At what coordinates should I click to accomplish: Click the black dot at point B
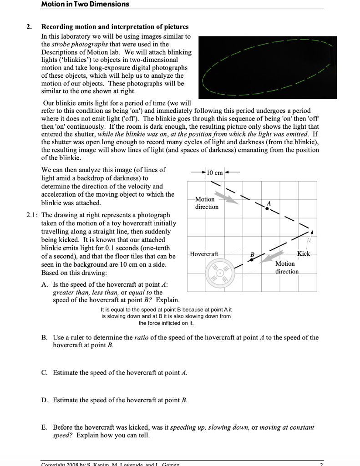tap(250, 260)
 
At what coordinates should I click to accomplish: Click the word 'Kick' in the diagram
tap(304, 253)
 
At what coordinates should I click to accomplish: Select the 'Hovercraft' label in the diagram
tap(204, 253)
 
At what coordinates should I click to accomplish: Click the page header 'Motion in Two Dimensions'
tap(85, 4)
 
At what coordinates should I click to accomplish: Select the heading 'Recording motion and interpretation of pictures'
tap(115, 27)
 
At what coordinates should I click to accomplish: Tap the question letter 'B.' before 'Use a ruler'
tap(45, 338)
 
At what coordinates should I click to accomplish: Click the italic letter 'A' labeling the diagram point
tap(269, 203)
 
